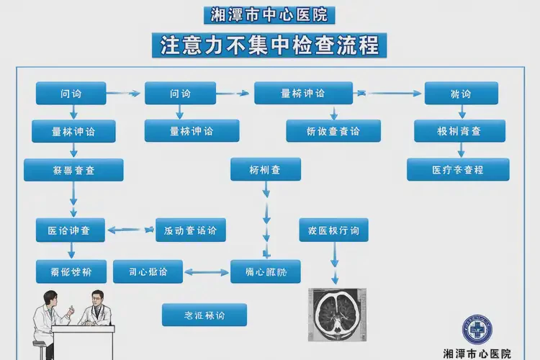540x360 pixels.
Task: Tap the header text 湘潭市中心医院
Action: [269, 14]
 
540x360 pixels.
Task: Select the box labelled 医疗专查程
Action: [458, 170]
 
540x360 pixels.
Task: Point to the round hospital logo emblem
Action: [475, 330]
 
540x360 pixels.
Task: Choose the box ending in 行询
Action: [333, 230]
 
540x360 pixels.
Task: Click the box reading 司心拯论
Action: [148, 271]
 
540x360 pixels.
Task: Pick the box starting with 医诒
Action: [70, 230]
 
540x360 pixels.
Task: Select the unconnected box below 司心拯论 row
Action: [204, 315]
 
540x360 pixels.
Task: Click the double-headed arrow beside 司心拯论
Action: [207, 272]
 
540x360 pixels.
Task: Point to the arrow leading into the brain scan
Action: [334, 263]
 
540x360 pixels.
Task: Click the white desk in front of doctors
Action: [83, 338]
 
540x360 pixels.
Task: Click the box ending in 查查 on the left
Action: [73, 170]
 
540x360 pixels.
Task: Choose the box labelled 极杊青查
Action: [459, 131]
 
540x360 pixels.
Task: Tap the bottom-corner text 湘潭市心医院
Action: [477, 354]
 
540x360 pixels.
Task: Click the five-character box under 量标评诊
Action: [333, 131]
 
